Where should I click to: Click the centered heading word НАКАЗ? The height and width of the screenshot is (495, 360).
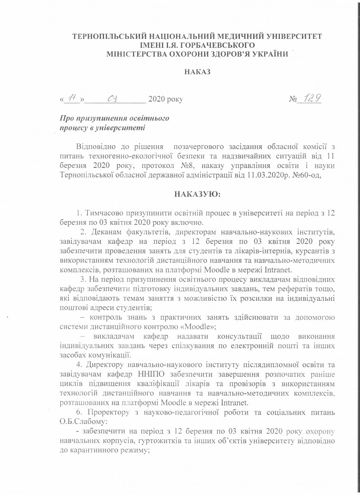tap(197, 72)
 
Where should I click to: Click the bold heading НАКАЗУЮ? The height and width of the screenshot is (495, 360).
tap(197, 193)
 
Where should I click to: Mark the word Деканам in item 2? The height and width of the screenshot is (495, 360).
tap(107, 231)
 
